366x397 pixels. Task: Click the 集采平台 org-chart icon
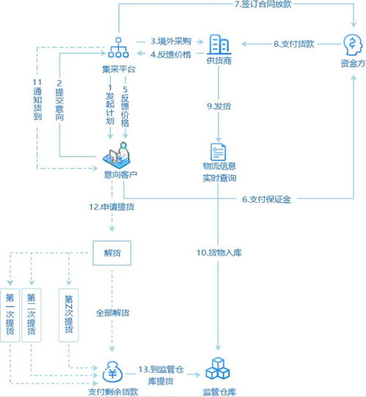click(x=118, y=48)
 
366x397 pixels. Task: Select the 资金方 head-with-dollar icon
click(x=351, y=45)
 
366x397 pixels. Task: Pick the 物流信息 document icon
click(x=219, y=152)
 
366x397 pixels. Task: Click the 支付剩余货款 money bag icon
click(x=112, y=370)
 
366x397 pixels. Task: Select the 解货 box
click(x=112, y=253)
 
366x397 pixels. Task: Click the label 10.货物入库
click(x=219, y=253)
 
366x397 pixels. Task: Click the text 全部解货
click(x=112, y=313)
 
